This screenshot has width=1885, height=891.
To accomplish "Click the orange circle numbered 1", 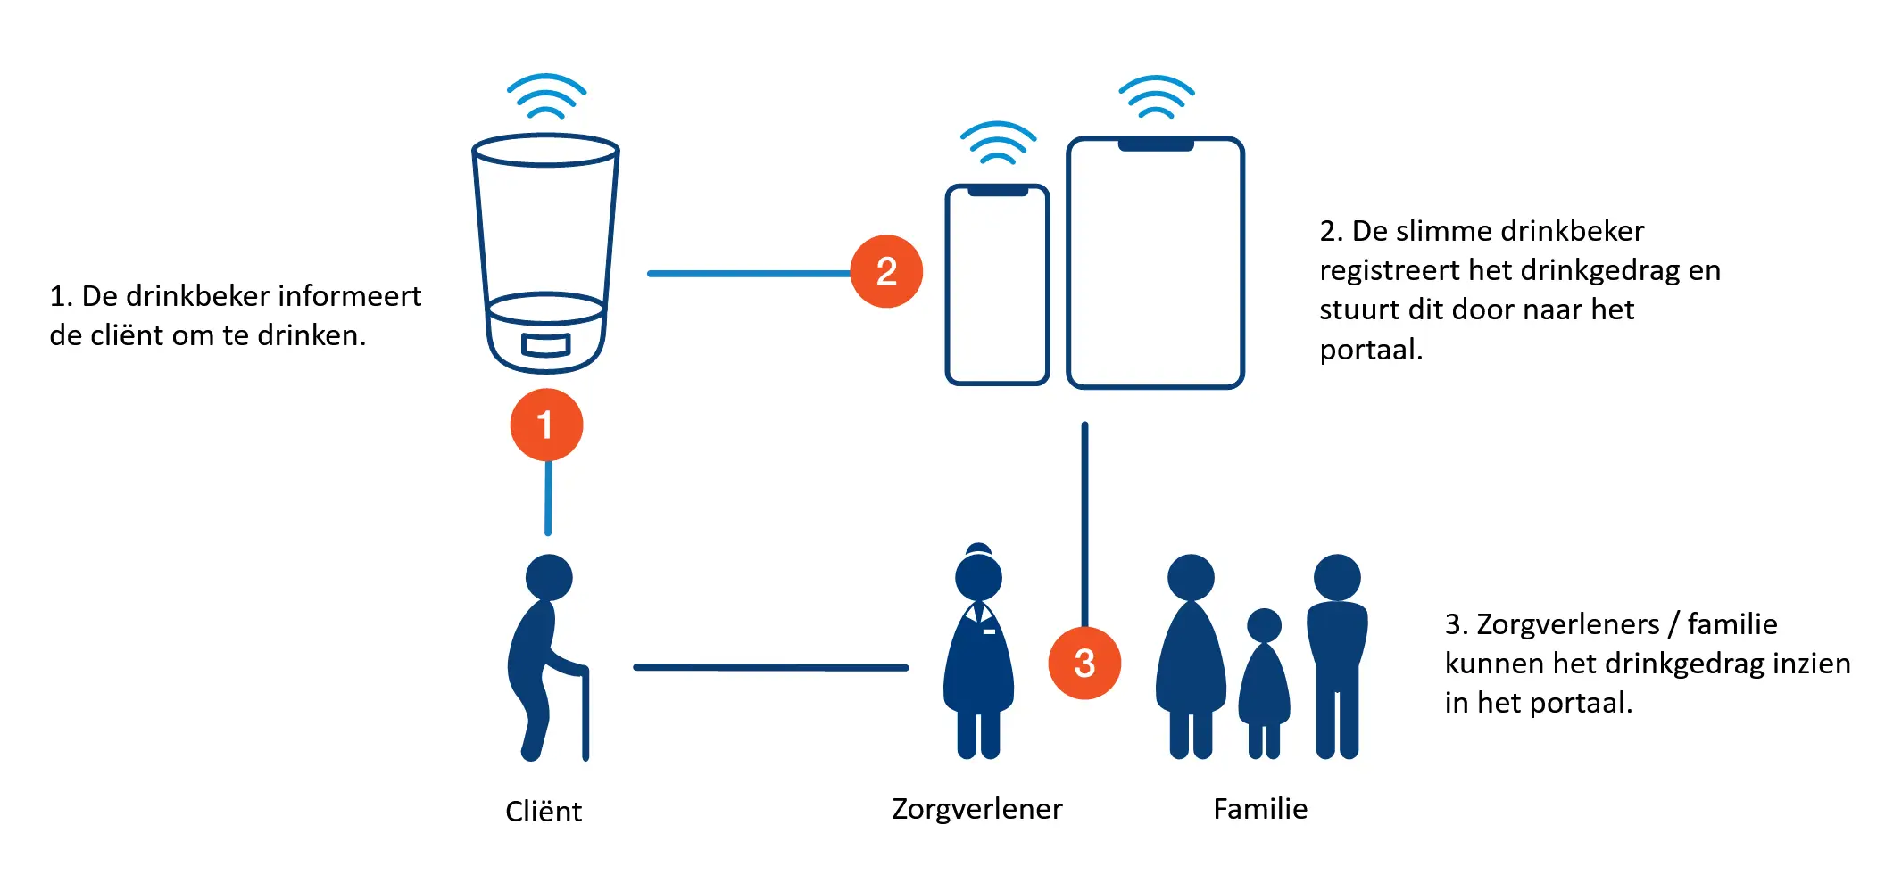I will point(546,425).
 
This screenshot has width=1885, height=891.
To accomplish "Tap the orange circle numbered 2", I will point(885,271).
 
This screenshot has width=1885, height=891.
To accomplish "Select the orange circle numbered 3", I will point(1084,663).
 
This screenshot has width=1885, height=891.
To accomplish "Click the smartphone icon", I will point(997,285).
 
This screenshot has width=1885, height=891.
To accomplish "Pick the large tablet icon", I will point(1155,264).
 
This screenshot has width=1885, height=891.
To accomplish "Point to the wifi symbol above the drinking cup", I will point(546,97).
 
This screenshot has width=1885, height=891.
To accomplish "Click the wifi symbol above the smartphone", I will point(998,144).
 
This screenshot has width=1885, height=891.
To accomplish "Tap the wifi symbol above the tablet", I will point(1156,98).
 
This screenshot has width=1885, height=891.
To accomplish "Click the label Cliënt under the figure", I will point(543,812).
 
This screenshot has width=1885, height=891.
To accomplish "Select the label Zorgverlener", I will point(976,809).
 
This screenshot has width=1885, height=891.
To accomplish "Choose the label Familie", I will point(1259,809).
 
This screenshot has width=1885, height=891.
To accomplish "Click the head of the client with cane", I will point(548,577).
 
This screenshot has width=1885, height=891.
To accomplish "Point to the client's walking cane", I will point(585,714).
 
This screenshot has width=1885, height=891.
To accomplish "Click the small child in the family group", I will point(1264,682).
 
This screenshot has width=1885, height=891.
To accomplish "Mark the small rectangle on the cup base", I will point(545,344).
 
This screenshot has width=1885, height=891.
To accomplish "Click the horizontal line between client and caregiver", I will point(770,667).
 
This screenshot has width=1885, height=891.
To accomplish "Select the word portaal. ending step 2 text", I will point(1370,350).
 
